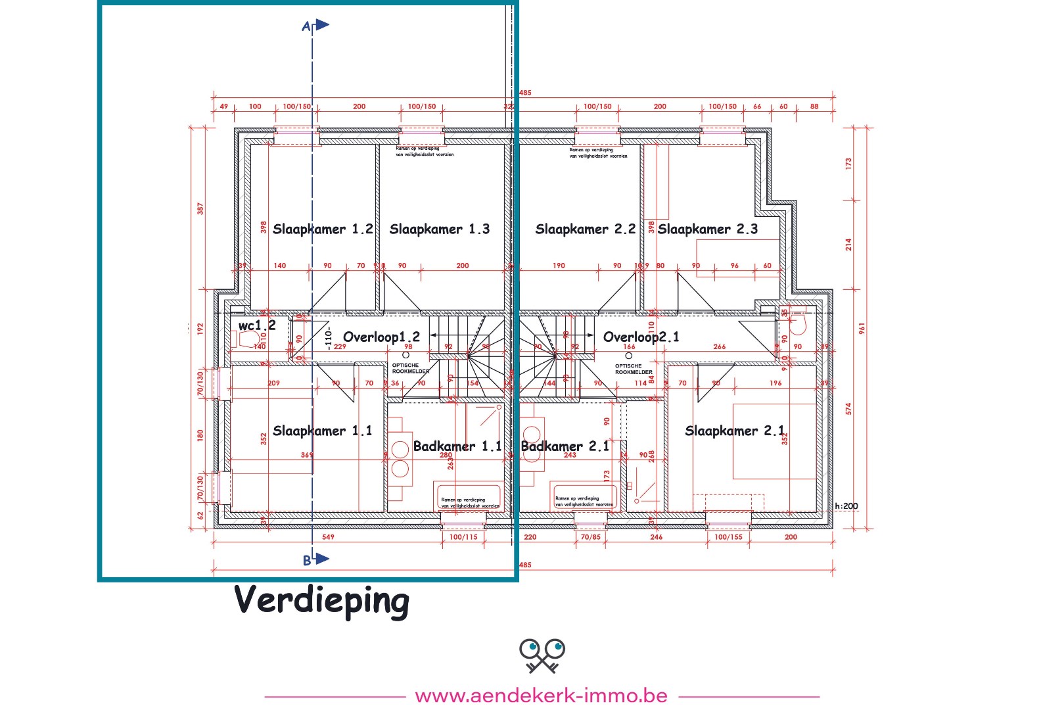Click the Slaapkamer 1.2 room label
pyautogui.click(x=323, y=229)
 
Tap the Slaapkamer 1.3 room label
pyautogui.click(x=439, y=229)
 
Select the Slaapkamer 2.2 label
pyautogui.click(x=585, y=229)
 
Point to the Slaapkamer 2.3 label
pyautogui.click(x=707, y=229)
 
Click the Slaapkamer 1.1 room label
pyautogui.click(x=322, y=431)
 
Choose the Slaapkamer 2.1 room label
pyautogui.click(x=734, y=431)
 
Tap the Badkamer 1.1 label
pyautogui.click(x=457, y=446)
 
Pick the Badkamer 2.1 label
pyautogui.click(x=565, y=446)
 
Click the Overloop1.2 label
pyautogui.click(x=381, y=337)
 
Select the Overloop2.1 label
pyautogui.click(x=641, y=337)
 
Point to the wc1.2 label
pyautogui.click(x=257, y=325)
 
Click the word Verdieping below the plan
pyautogui.click(x=322, y=600)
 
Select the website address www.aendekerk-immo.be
pyautogui.click(x=541, y=696)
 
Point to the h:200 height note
pyautogui.click(x=846, y=506)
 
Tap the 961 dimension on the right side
pyautogui.click(x=862, y=327)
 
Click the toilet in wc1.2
pyautogui.click(x=246, y=339)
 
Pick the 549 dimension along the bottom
pyautogui.click(x=328, y=537)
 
